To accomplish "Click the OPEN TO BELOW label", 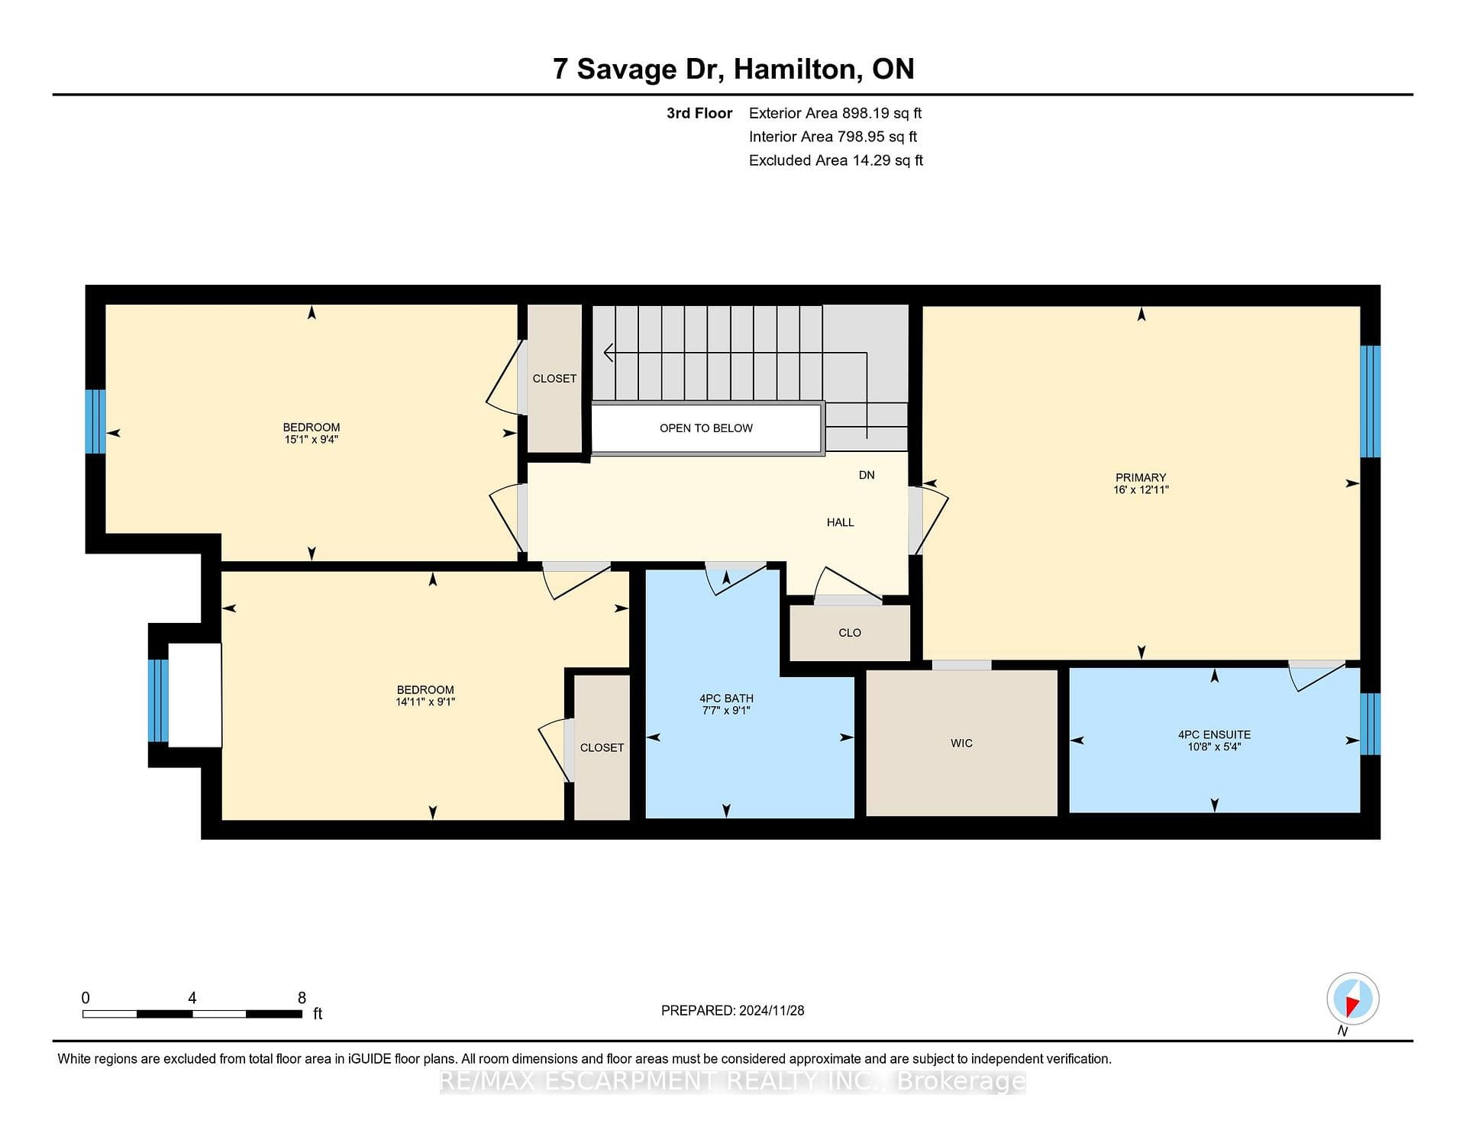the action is [x=706, y=428].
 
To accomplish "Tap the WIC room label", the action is [x=961, y=744].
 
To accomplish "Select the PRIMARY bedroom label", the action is [x=1141, y=478].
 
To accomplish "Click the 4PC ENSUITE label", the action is [x=1214, y=735].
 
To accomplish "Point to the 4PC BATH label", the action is [x=726, y=699].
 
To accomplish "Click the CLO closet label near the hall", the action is [x=850, y=633].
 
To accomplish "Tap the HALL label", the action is [x=840, y=523].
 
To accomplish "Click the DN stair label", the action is [x=867, y=475].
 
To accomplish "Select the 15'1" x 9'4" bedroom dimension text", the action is [x=311, y=440].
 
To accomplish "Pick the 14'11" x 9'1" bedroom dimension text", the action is [x=425, y=702].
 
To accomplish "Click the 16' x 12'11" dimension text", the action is [x=1141, y=490].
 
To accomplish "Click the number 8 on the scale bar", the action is [x=302, y=998].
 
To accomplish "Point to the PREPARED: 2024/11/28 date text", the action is [x=732, y=1011].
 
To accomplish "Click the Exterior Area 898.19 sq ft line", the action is [x=835, y=114].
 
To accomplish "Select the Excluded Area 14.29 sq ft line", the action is [x=836, y=161].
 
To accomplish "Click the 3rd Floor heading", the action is [x=699, y=114].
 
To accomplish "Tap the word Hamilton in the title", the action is [x=798, y=70].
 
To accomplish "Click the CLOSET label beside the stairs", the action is [x=554, y=379].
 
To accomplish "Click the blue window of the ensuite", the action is [x=1371, y=724].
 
